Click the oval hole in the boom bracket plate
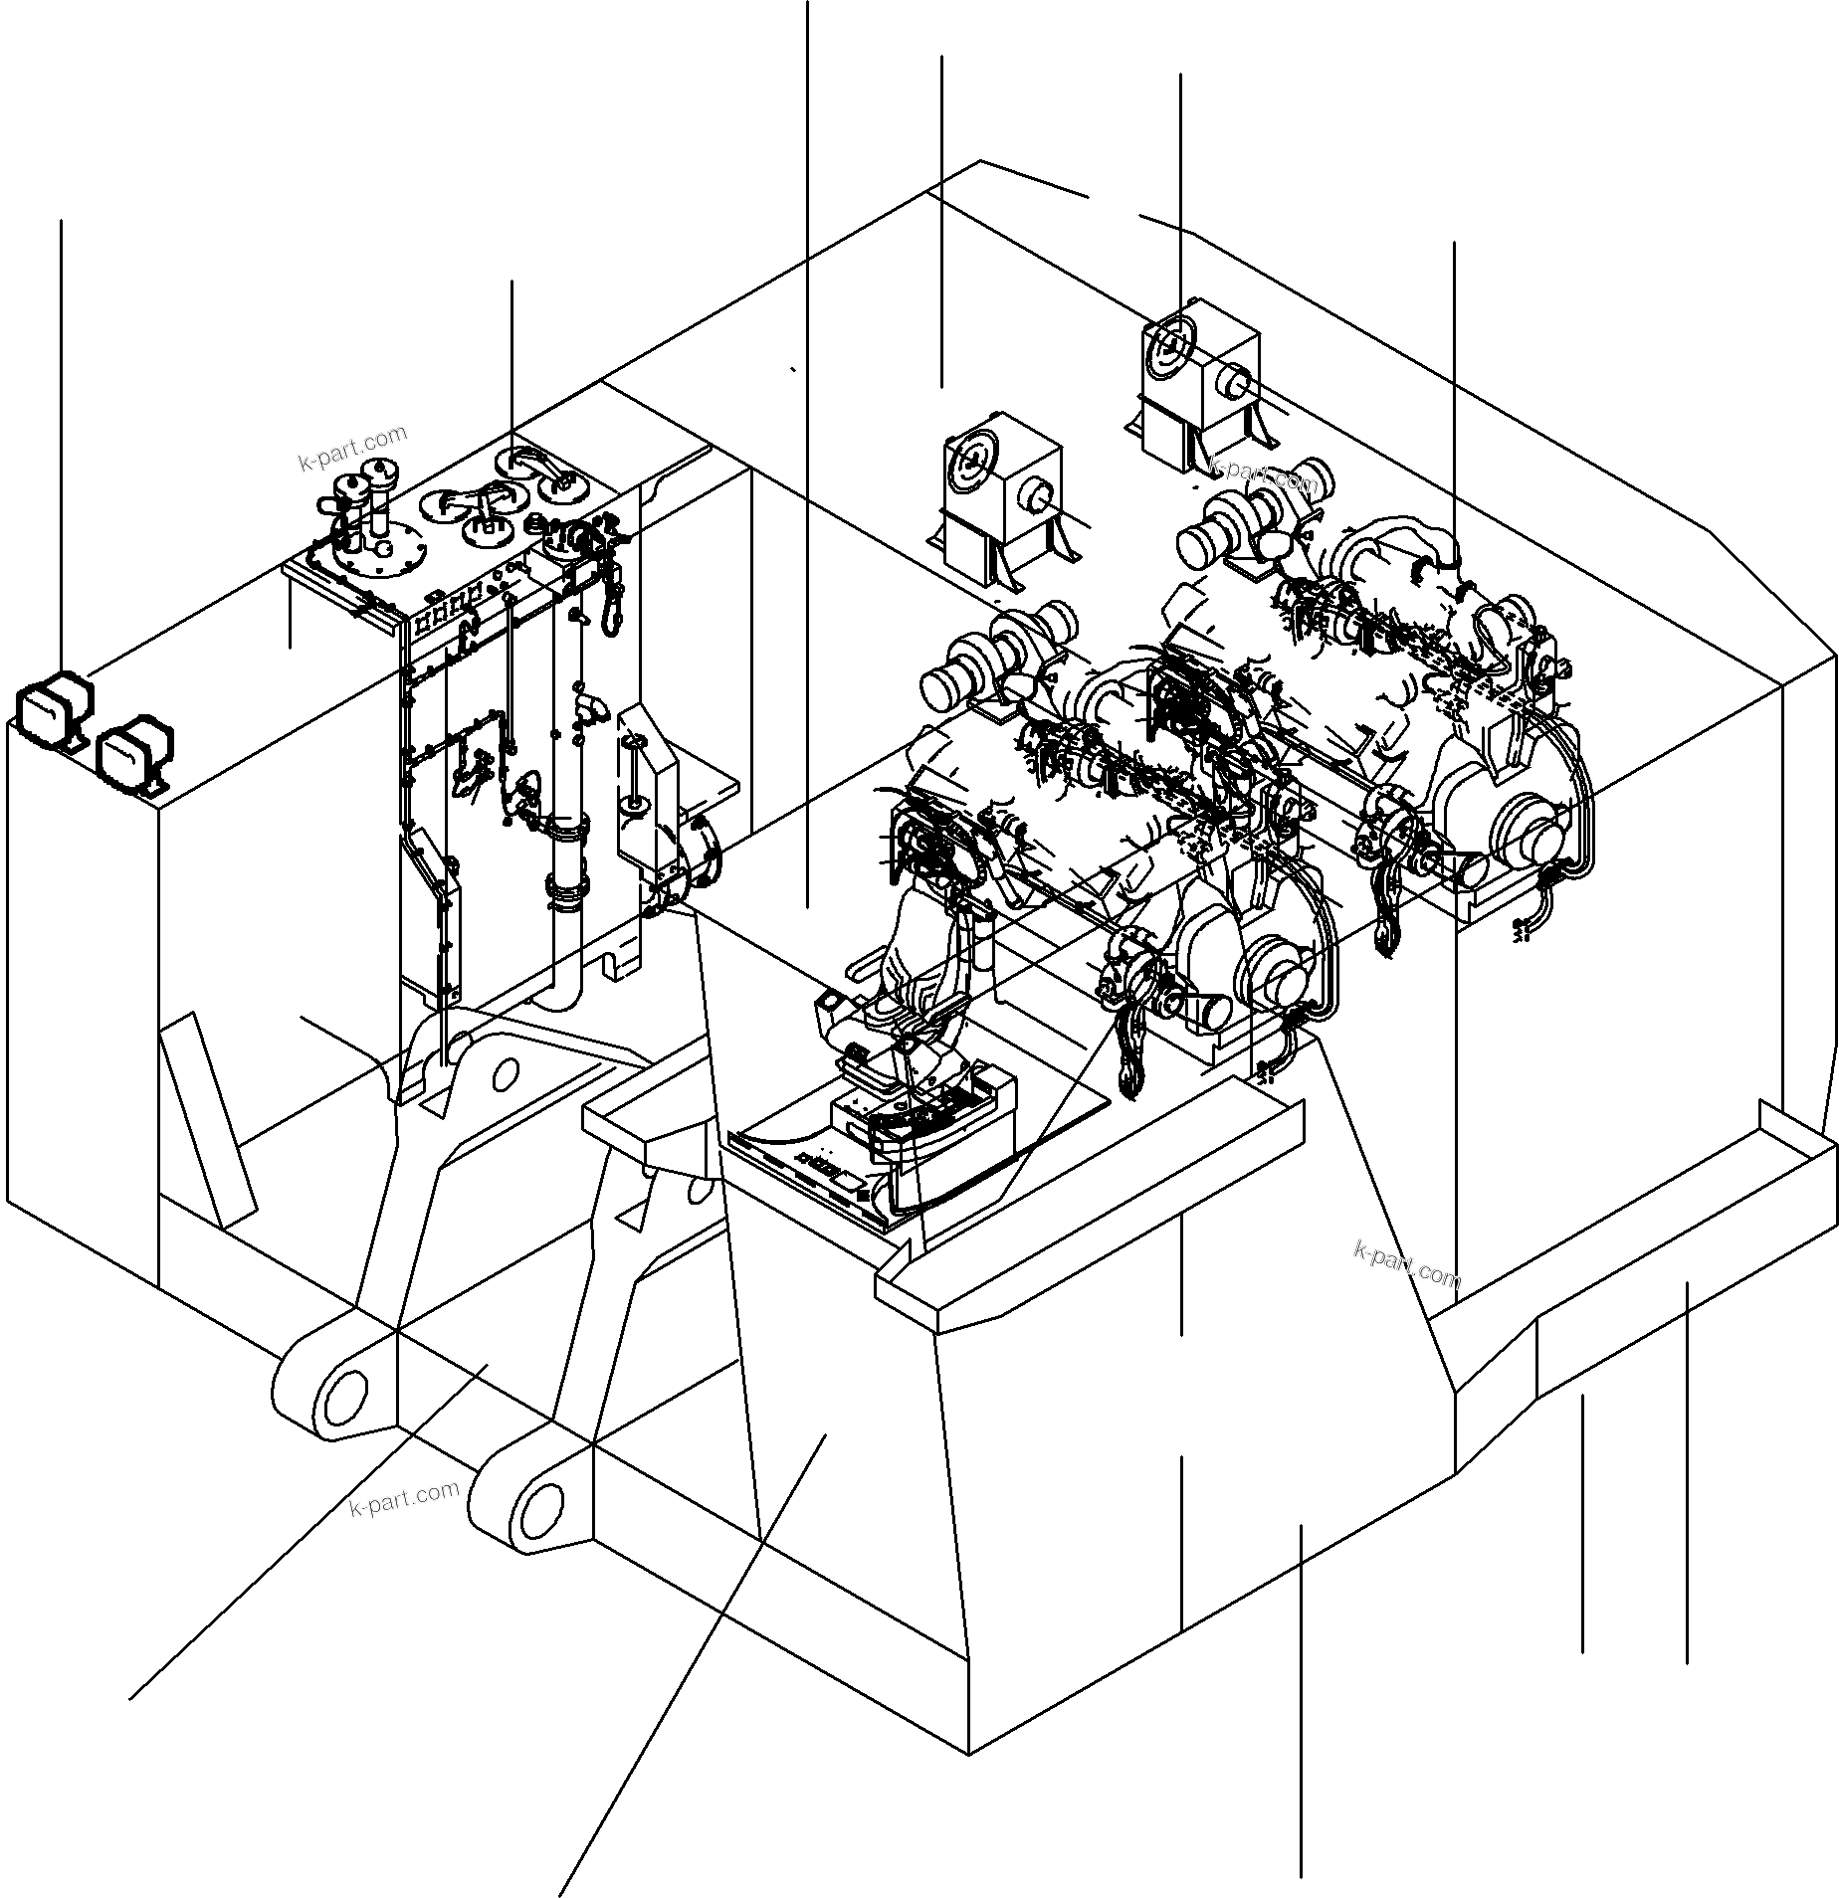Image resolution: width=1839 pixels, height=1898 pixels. pos(506,1073)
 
